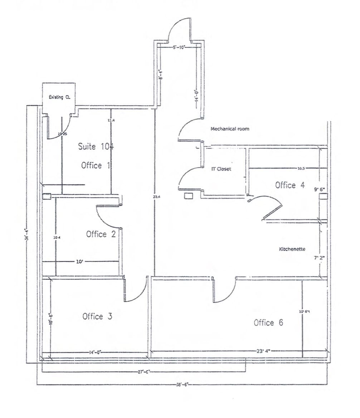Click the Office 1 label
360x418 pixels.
click(x=96, y=166)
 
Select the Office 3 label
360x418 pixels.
click(x=97, y=316)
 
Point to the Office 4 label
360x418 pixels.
click(x=290, y=185)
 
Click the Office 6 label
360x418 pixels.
click(x=268, y=323)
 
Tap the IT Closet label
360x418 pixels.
click(x=221, y=169)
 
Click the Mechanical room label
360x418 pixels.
click(x=230, y=129)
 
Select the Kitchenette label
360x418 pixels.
click(x=292, y=249)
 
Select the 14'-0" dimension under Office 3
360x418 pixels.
click(x=95, y=352)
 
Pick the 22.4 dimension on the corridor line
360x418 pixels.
click(x=155, y=196)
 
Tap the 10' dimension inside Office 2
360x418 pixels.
click(x=79, y=262)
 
